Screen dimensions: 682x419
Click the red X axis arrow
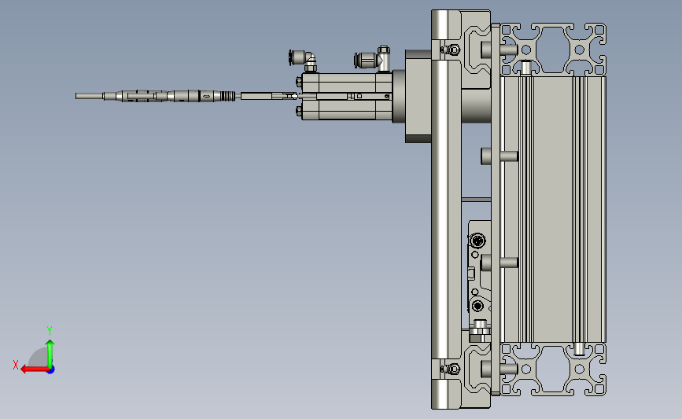(35, 369)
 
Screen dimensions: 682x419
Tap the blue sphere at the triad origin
(51, 370)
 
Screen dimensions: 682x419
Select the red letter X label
(16, 365)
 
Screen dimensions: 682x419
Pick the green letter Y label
(50, 331)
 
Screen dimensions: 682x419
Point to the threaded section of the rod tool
(227, 96)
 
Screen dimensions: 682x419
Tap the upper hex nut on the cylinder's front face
(299, 81)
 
